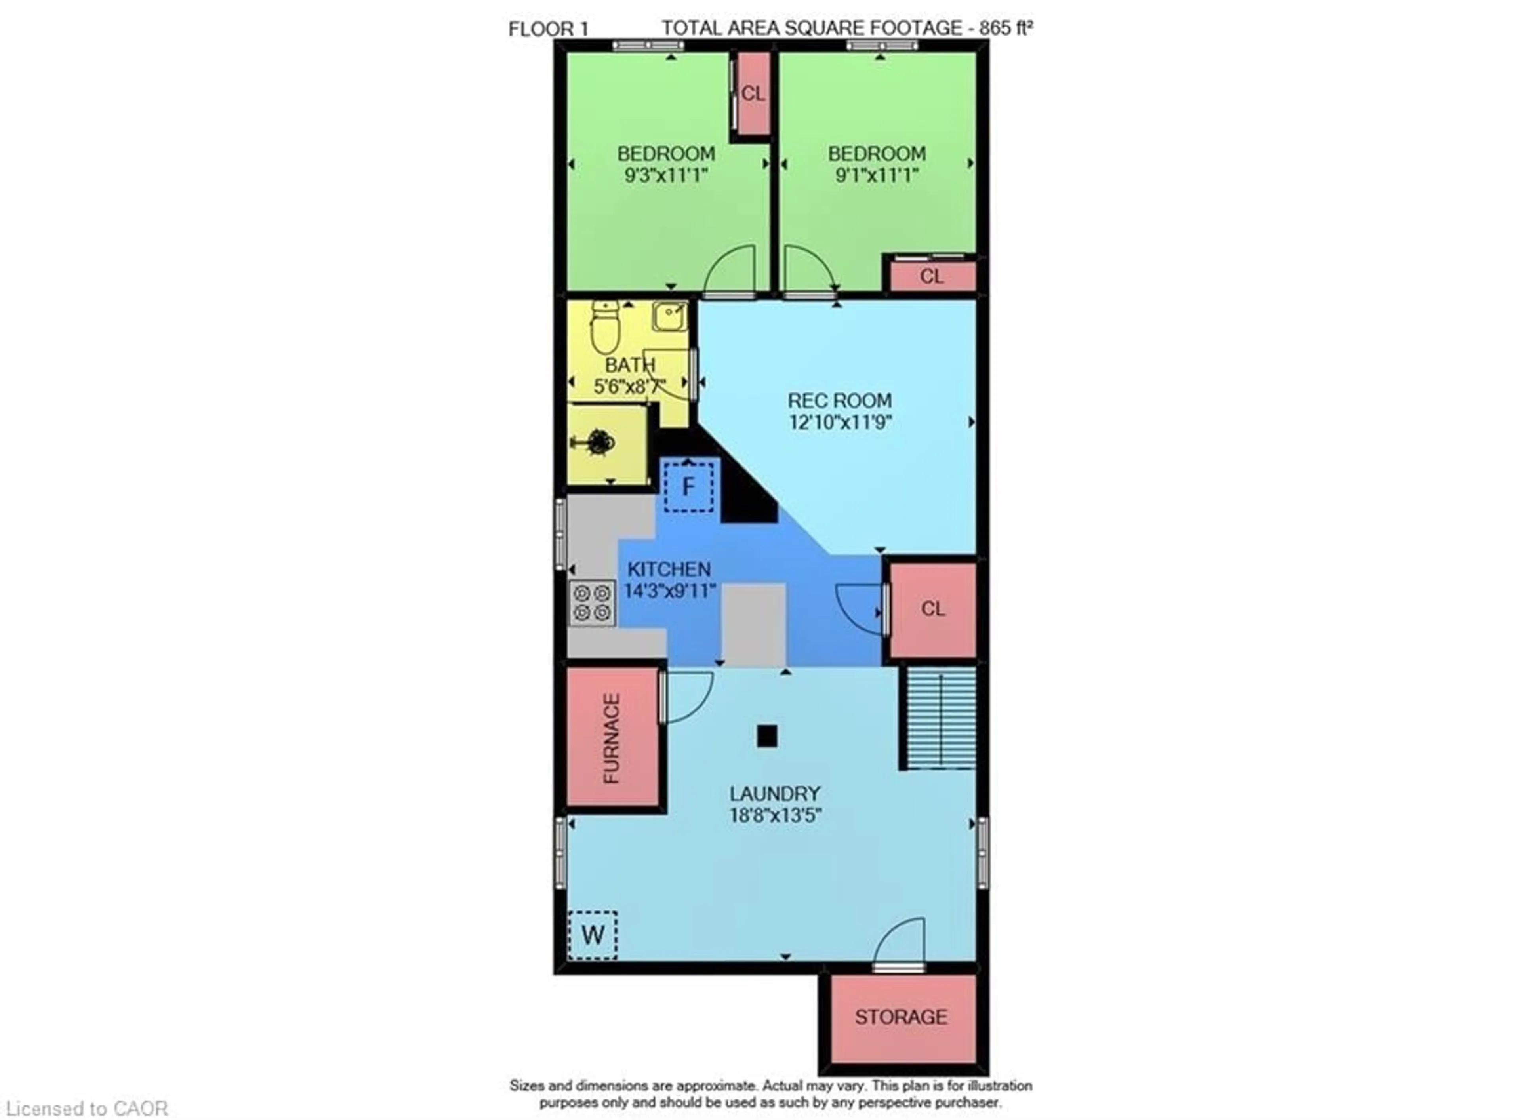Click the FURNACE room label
click(x=611, y=738)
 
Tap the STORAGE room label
click(x=901, y=1017)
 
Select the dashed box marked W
click(x=592, y=935)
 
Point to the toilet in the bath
click(x=605, y=328)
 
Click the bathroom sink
click(x=669, y=316)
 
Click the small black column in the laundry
click(x=767, y=735)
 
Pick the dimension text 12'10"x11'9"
click(x=839, y=422)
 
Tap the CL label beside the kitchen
click(x=932, y=609)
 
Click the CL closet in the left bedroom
click(x=753, y=93)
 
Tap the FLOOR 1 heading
click(x=548, y=29)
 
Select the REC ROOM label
click(x=839, y=401)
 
